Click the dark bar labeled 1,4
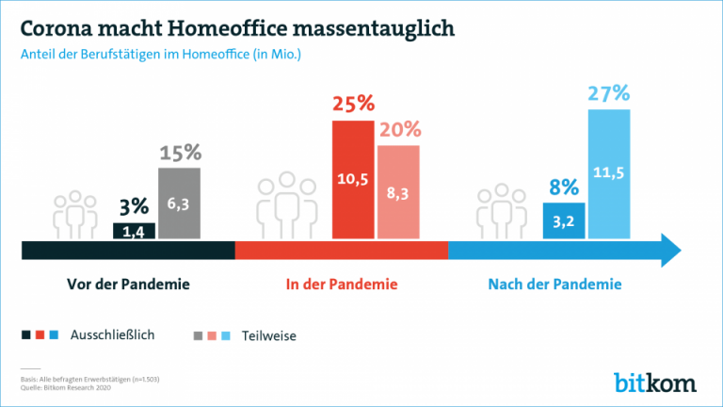133,231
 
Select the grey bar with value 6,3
179,203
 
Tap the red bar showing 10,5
353,180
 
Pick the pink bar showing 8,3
398,192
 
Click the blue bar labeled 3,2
564,220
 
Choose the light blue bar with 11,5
610,173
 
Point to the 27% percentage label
609,94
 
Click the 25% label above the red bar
353,104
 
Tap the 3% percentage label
133,208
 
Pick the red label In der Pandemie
342,284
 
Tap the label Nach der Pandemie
554,284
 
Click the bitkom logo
655,382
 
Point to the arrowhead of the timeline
670,250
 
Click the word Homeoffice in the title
238,27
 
